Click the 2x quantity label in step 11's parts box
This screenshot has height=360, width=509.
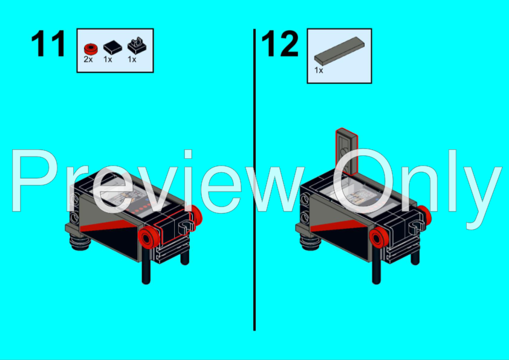pos(88,60)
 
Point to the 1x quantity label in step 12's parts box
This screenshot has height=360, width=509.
pos(319,71)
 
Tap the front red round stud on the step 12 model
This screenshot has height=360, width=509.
pos(378,239)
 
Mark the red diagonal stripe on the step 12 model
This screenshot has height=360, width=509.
pos(339,227)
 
